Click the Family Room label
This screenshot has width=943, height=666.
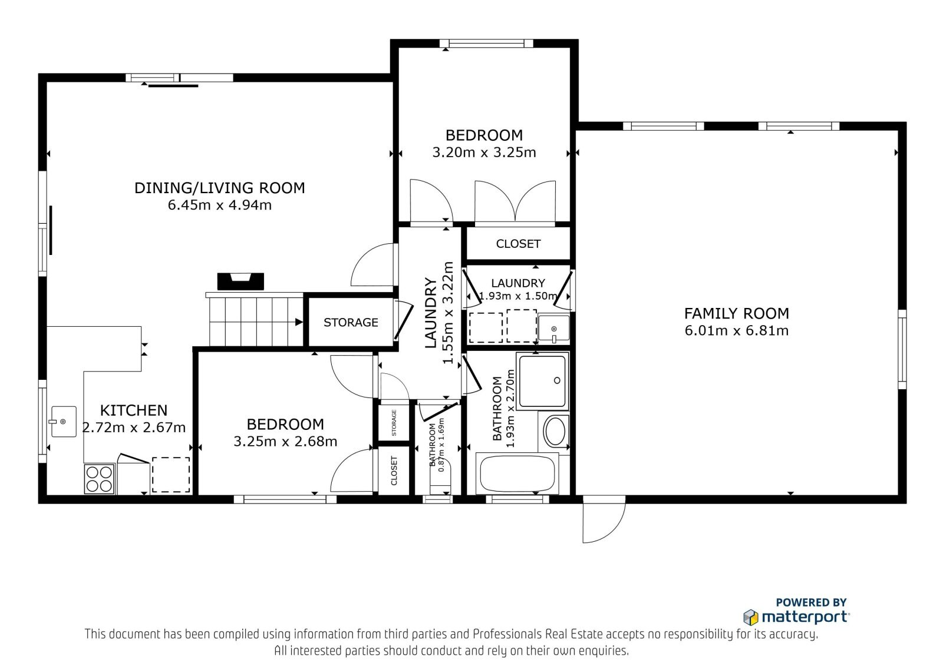pyautogui.click(x=736, y=313)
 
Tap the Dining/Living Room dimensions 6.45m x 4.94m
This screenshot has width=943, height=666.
pyautogui.click(x=220, y=206)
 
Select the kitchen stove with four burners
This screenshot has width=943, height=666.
pyautogui.click(x=100, y=479)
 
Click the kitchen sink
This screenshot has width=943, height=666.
pyautogui.click(x=64, y=422)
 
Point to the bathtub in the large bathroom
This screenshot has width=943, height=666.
pyautogui.click(x=517, y=473)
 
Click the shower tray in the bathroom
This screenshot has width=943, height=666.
pyautogui.click(x=543, y=381)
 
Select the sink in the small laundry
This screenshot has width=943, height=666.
pyautogui.click(x=553, y=328)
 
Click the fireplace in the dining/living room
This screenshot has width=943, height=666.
pyautogui.click(x=240, y=281)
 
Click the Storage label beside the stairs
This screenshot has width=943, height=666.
pyautogui.click(x=351, y=323)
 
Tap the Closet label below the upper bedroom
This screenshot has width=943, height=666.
pyautogui.click(x=518, y=244)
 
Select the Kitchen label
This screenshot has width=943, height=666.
pyautogui.click(x=134, y=410)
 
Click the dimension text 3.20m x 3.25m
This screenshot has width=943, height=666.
pyautogui.click(x=484, y=153)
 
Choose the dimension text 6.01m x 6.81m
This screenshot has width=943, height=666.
pyautogui.click(x=736, y=331)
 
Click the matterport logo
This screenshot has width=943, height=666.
pyautogui.click(x=796, y=617)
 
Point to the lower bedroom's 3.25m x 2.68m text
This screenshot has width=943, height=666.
pyautogui.click(x=285, y=442)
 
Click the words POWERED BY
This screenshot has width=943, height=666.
pyautogui.click(x=811, y=602)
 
